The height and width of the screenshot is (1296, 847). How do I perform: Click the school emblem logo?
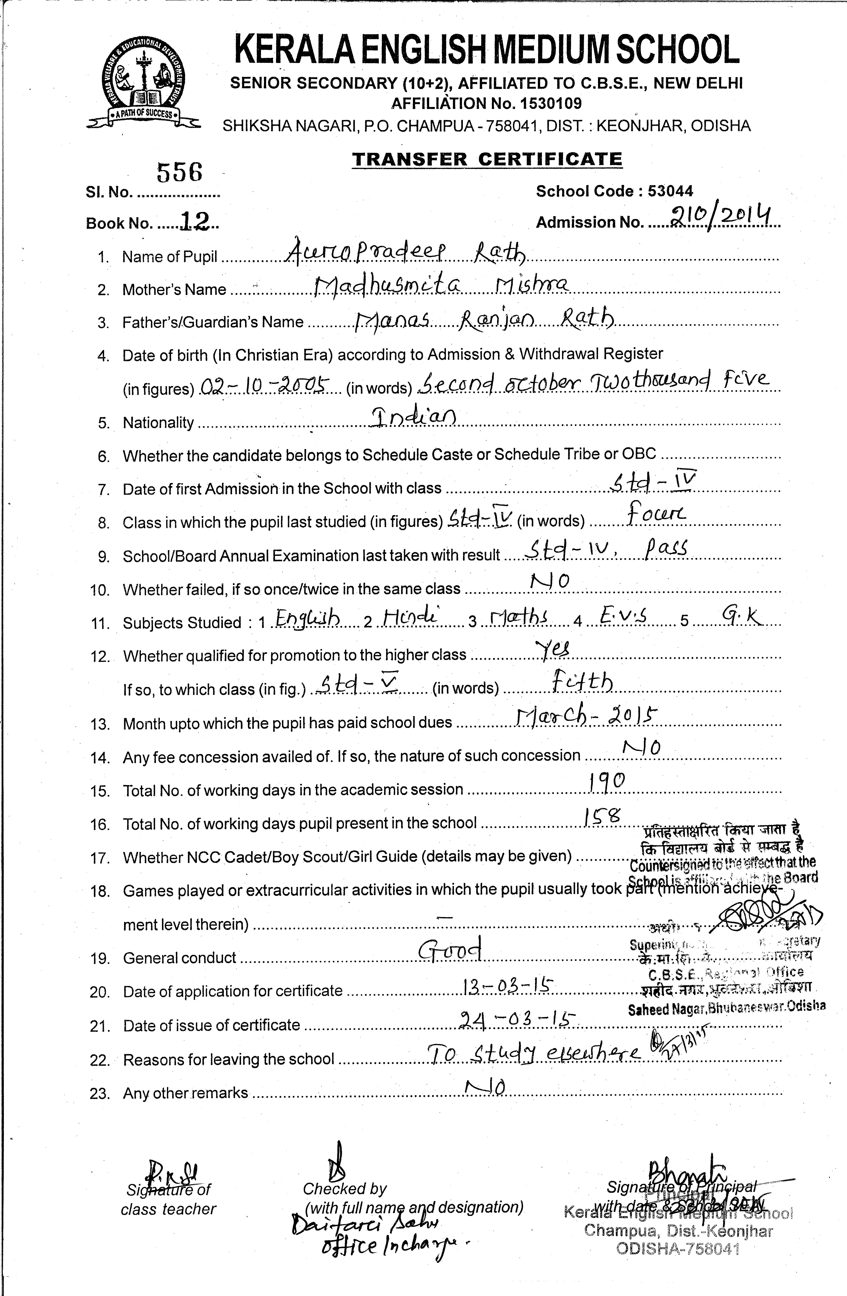pyautogui.click(x=143, y=82)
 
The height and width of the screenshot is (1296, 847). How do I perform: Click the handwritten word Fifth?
pyautogui.click(x=582, y=682)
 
